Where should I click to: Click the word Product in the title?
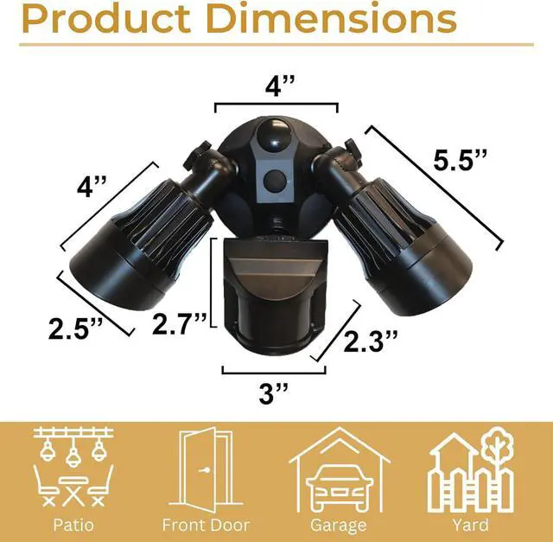pos(106,19)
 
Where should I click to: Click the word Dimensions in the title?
pos(333,19)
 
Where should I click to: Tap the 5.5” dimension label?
pos(460,161)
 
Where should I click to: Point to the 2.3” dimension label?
pos(371,341)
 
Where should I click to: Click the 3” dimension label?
pos(274,393)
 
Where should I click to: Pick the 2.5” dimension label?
pos(75,328)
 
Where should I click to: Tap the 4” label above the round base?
pos(280,86)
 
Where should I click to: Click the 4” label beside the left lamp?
pos(92,187)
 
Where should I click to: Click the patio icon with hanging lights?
pos(73,468)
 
